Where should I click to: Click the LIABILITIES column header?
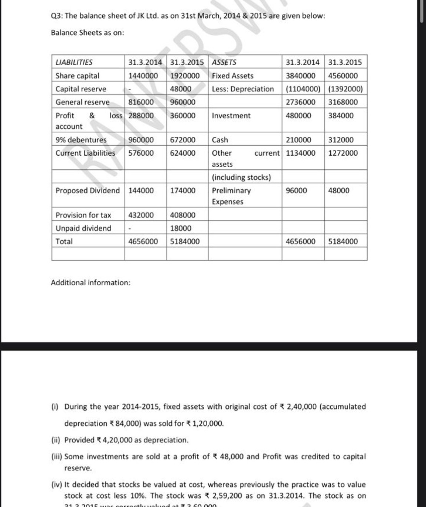tap(74, 62)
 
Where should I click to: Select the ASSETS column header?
tap(224, 62)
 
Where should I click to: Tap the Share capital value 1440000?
tap(143, 76)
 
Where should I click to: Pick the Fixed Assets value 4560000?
tap(343, 76)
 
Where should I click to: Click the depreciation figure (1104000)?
tap(303, 89)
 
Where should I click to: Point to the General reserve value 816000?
tap(141, 102)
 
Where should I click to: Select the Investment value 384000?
tap(341, 116)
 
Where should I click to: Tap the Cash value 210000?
tap(298, 140)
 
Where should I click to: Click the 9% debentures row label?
tap(81, 140)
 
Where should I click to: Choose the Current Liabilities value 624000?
tap(183, 153)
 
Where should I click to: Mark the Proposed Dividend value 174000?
tap(183, 190)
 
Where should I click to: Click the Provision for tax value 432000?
tap(141, 215)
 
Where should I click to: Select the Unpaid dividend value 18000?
tap(181, 228)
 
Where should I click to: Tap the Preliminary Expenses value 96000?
tap(296, 190)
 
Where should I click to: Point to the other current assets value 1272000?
tap(343, 153)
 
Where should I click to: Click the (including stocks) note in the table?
tap(241, 177)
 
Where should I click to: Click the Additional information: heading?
tap(90, 282)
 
